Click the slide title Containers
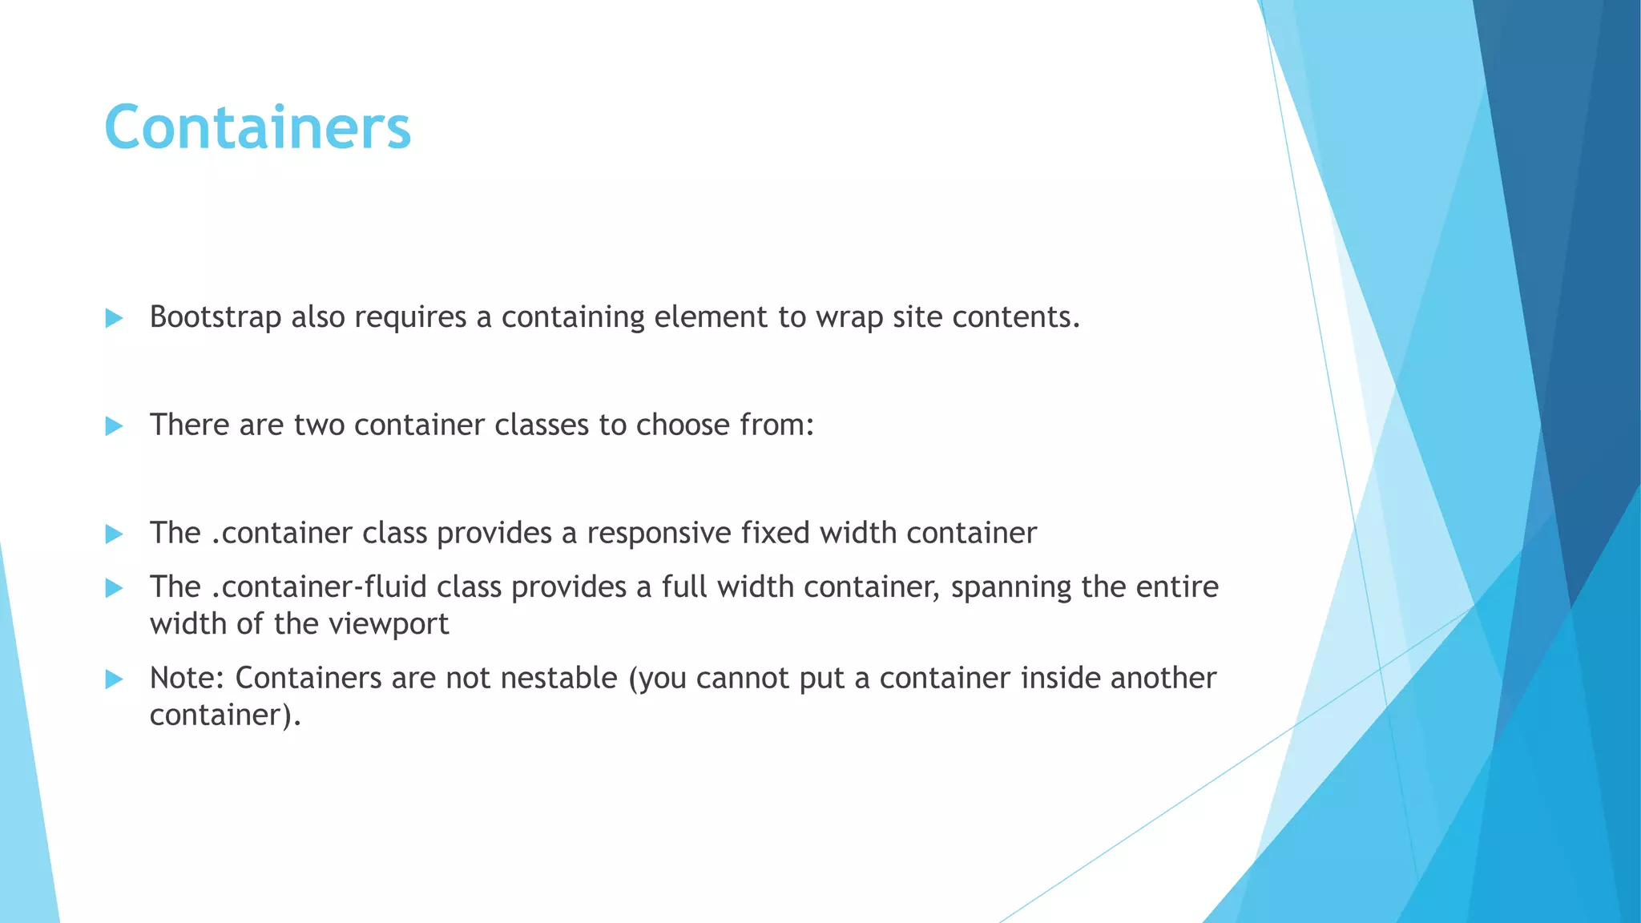click(257, 128)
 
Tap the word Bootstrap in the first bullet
click(215, 317)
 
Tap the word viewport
click(389, 625)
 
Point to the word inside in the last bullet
click(1060, 679)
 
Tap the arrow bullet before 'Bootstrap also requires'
click(114, 318)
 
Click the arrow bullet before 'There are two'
click(114, 425)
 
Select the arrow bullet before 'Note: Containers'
click(114, 679)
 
